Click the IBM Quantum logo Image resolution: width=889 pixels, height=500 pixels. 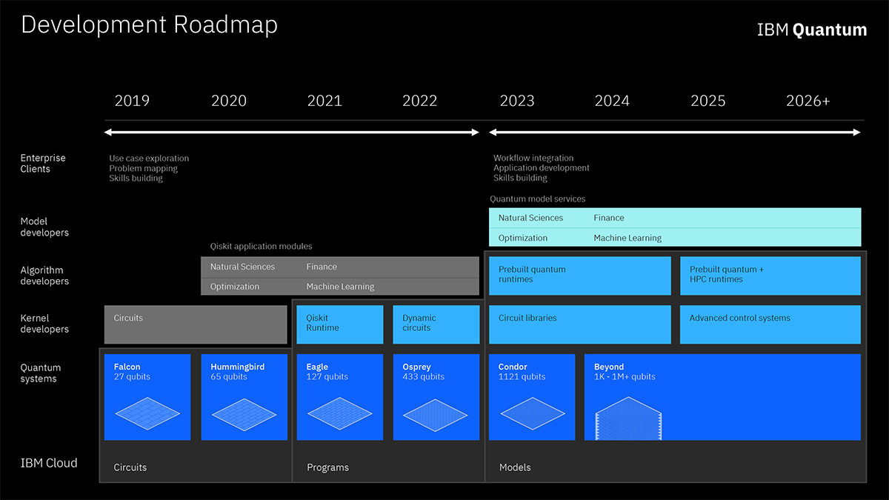(811, 30)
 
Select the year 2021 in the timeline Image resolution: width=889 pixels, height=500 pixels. (324, 101)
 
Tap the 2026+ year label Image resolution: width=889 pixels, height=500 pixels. (808, 101)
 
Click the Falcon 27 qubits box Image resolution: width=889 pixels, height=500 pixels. (147, 397)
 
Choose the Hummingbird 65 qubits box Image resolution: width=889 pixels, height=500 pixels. (244, 397)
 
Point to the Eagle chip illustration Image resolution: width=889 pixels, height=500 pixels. (339, 413)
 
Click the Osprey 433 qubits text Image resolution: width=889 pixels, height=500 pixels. (423, 372)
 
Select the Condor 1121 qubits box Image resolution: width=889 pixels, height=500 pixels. (531, 397)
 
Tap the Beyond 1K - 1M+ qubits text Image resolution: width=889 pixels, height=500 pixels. (625, 372)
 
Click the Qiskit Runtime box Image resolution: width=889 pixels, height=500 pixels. (340, 324)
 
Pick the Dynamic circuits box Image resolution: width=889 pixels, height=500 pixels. (436, 324)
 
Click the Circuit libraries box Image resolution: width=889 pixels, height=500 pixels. (579, 324)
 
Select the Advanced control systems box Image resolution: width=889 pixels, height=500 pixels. (770, 324)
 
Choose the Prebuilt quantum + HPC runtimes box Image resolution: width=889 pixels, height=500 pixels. (770, 276)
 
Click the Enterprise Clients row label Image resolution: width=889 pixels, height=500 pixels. (43, 164)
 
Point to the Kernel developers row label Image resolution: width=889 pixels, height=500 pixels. (44, 324)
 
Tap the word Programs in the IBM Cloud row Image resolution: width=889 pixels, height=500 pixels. (327, 467)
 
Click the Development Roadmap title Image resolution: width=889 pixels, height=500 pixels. (149, 24)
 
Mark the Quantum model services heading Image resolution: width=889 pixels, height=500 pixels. (537, 199)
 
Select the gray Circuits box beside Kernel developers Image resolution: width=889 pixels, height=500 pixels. (196, 324)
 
